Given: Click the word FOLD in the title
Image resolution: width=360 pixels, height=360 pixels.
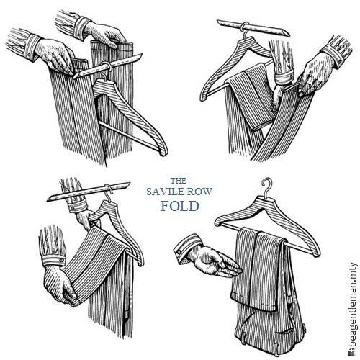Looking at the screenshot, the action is (x=180, y=206).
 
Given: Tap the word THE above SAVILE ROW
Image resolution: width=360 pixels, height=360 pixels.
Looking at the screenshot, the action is (x=179, y=181).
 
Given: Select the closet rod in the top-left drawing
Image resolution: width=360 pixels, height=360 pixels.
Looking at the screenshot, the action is (x=107, y=66).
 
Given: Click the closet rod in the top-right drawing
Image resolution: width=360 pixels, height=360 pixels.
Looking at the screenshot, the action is (x=253, y=28).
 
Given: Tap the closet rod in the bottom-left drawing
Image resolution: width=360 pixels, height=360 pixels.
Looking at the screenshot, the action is (x=89, y=192).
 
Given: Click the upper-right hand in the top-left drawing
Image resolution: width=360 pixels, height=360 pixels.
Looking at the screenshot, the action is (x=105, y=35).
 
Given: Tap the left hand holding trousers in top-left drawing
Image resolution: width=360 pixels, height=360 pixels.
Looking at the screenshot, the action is (x=55, y=55).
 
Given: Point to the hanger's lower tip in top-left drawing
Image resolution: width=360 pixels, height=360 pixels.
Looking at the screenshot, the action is (x=164, y=153).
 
